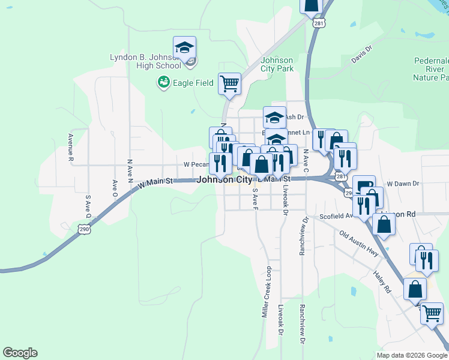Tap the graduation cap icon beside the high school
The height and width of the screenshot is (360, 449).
tap(185, 47)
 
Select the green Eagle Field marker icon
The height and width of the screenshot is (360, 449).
tap(163, 82)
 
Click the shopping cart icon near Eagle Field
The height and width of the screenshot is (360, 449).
tap(229, 83)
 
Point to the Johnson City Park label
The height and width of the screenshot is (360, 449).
tap(277, 64)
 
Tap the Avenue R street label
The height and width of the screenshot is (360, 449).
tap(70, 148)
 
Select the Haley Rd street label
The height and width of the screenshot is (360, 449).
tap(382, 280)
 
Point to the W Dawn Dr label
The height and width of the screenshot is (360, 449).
tap(402, 184)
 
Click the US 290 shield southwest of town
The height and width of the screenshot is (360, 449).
tap(83, 229)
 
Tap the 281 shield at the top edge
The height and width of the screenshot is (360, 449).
tap(319, 23)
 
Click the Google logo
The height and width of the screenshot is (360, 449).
tap(20, 353)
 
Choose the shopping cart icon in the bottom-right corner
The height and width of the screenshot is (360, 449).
tap(432, 313)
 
